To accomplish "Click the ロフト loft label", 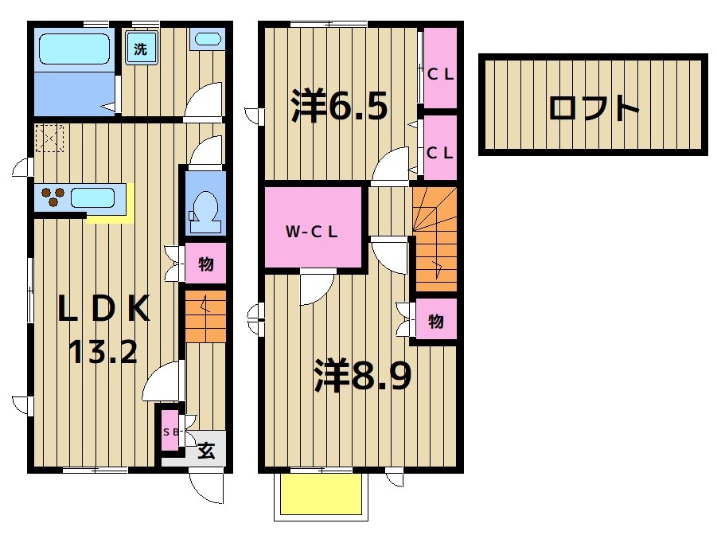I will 594,107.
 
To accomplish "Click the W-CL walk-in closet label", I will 313,232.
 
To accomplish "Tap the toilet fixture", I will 204,209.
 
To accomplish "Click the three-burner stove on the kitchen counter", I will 53,197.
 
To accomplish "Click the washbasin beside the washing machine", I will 208,39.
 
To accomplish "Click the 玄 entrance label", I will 206,451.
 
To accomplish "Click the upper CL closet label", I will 440,75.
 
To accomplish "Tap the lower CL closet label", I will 440,153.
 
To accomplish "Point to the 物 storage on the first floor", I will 205,264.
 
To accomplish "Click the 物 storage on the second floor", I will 435,321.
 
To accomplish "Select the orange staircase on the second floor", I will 435,239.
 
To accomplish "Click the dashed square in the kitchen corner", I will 49,138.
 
